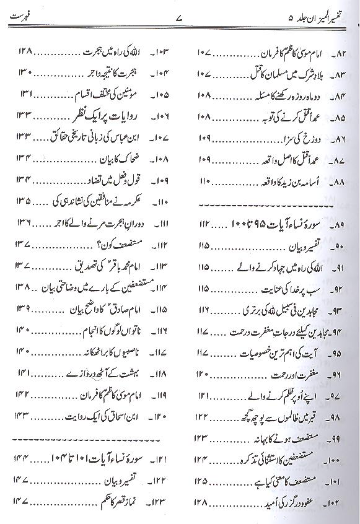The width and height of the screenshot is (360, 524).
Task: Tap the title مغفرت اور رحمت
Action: click(x=294, y=374)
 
